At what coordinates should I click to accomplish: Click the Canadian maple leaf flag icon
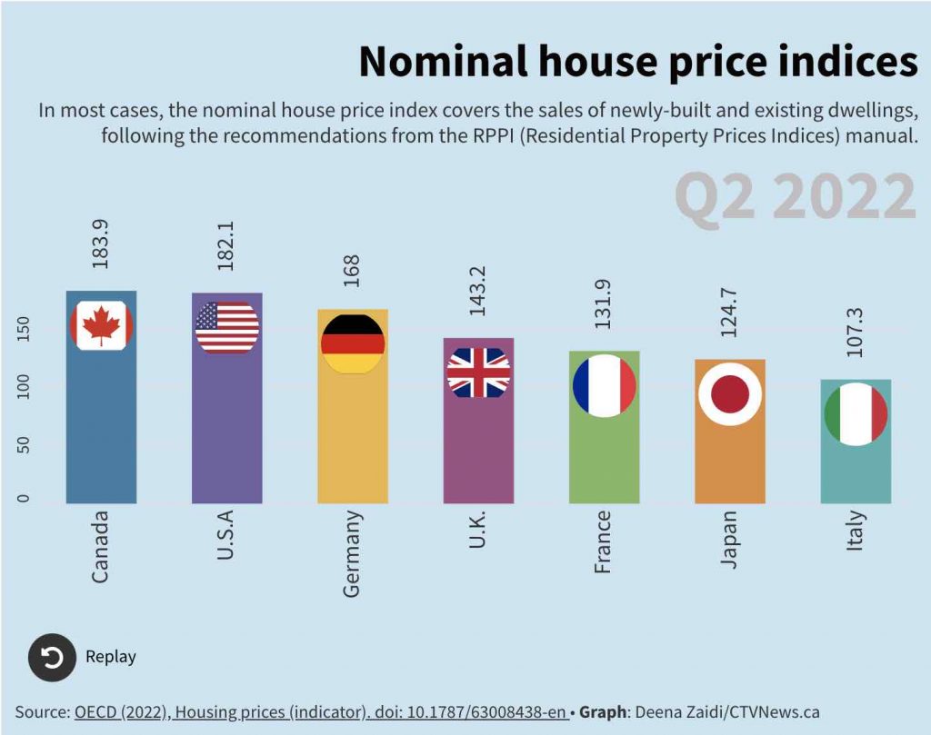pyautogui.click(x=102, y=325)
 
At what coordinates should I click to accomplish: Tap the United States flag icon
pyautogui.click(x=227, y=327)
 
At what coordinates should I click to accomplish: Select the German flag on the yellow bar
pyautogui.click(x=353, y=343)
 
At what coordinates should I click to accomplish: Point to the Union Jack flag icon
pyautogui.click(x=479, y=372)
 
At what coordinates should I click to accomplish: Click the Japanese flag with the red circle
pyautogui.click(x=730, y=393)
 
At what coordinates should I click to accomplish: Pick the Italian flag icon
pyautogui.click(x=856, y=414)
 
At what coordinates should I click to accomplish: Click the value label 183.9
pyautogui.click(x=101, y=243)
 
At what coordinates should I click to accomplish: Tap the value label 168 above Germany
pyautogui.click(x=353, y=271)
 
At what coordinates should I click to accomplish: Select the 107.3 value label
pyautogui.click(x=855, y=333)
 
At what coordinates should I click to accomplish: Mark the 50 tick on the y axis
pyautogui.click(x=24, y=445)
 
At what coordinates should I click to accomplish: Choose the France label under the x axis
pyautogui.click(x=603, y=542)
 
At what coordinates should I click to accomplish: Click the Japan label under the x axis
pyautogui.click(x=729, y=540)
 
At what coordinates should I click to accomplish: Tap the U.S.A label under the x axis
pyautogui.click(x=226, y=535)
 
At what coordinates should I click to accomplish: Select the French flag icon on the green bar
pyautogui.click(x=605, y=385)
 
